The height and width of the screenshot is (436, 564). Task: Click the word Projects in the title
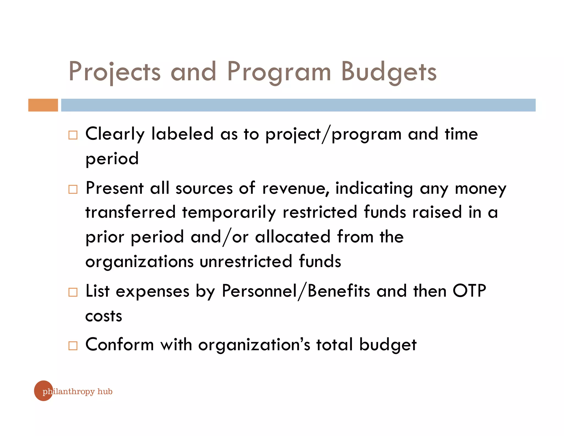[114, 72]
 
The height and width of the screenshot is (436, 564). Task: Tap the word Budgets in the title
[389, 72]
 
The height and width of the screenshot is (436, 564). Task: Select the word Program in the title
[279, 72]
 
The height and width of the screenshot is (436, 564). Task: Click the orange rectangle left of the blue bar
[43, 105]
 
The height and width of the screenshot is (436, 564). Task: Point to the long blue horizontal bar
[298, 105]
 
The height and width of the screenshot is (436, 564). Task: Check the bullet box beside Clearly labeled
[73, 135]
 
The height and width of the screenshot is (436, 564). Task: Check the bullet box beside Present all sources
[73, 189]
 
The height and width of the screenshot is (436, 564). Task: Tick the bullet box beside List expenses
[73, 292]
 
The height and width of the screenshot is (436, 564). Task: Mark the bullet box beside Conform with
[73, 346]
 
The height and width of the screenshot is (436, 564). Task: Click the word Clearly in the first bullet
[115, 134]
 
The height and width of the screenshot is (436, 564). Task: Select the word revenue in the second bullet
[295, 189]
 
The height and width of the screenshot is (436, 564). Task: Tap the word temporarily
[229, 212]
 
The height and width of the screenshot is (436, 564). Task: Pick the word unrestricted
[246, 261]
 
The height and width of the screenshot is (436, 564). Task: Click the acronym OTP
[469, 291]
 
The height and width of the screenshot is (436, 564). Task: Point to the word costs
[104, 316]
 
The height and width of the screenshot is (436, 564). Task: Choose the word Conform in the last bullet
[120, 345]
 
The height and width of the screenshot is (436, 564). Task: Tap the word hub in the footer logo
[105, 392]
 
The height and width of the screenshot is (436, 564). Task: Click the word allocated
[292, 237]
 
